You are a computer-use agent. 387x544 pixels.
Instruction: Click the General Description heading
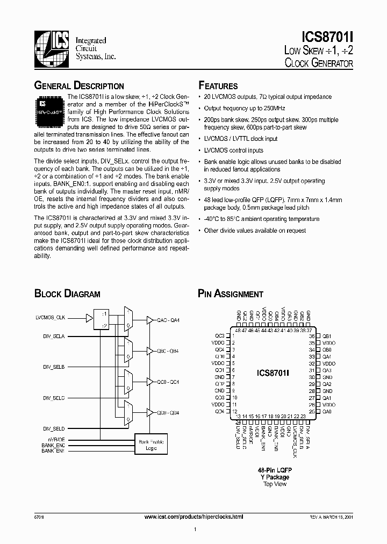79,85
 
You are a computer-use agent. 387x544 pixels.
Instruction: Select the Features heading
218,85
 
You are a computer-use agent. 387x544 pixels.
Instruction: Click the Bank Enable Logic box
151,444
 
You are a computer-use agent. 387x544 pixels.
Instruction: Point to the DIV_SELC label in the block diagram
54,398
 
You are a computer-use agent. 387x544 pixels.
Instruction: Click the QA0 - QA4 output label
168,320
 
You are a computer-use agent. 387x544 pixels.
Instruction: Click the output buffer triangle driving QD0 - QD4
150,413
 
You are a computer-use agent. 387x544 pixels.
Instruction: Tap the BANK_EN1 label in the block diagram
53,450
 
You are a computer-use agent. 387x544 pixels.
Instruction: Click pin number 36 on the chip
311,335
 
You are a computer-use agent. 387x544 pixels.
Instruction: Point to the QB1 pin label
327,335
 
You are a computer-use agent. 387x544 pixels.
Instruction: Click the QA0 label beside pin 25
327,411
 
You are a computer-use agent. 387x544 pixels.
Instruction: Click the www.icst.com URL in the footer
195,516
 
